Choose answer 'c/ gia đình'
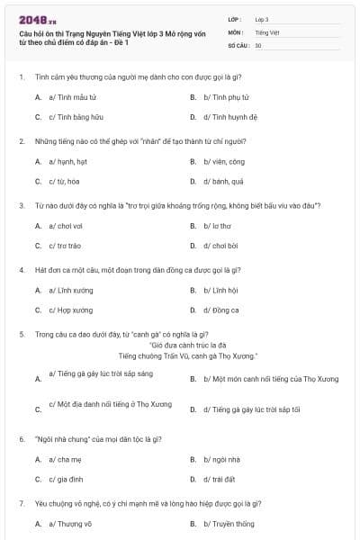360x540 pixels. coord(66,481)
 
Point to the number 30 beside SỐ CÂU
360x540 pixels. coord(258,44)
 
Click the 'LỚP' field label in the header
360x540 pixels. coord(236,18)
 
